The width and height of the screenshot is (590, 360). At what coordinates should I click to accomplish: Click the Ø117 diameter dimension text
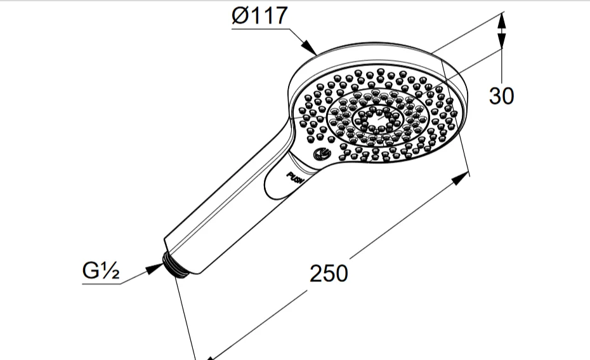tap(260, 16)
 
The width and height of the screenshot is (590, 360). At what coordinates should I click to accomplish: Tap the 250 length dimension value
tap(329, 274)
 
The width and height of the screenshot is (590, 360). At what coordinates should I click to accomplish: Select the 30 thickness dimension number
tap(501, 96)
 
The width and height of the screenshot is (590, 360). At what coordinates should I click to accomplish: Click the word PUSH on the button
tap(295, 177)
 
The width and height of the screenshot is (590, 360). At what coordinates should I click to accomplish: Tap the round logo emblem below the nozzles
tap(322, 154)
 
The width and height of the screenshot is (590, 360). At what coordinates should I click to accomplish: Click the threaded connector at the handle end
tap(176, 265)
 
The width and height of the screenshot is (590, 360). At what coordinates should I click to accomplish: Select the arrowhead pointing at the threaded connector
tap(154, 268)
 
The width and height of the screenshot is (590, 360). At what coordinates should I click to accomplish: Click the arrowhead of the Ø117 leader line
tap(310, 48)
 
